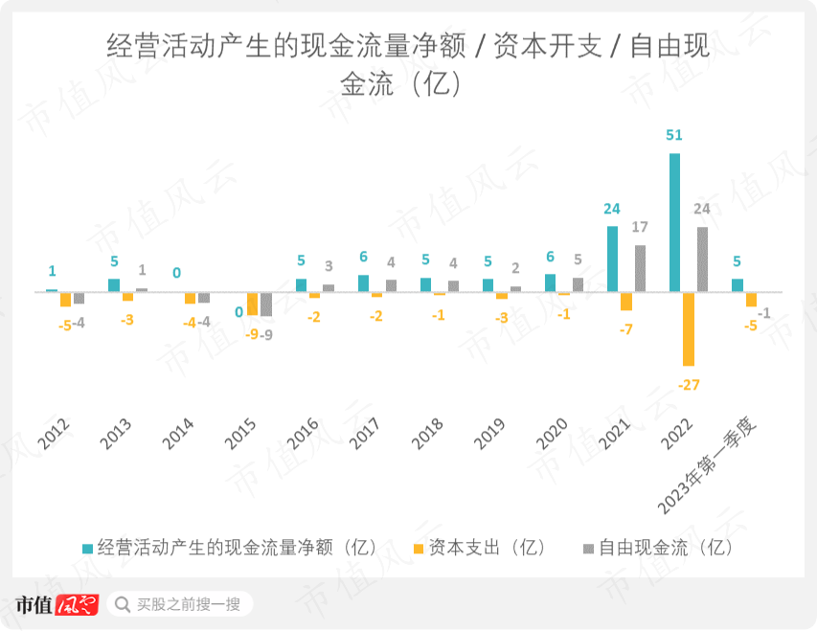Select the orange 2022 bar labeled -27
click(688, 328)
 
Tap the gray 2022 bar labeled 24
click(702, 259)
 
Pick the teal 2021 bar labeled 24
click(612, 259)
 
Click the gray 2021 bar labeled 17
click(640, 268)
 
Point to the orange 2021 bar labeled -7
click(626, 301)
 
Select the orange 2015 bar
click(252, 304)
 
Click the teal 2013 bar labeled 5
click(114, 285)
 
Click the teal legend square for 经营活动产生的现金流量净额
click(88, 549)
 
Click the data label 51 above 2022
click(674, 135)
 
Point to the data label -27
click(689, 385)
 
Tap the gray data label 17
click(641, 228)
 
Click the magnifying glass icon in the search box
click(123, 604)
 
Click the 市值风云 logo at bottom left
click(57, 604)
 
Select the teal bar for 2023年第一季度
click(737, 285)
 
